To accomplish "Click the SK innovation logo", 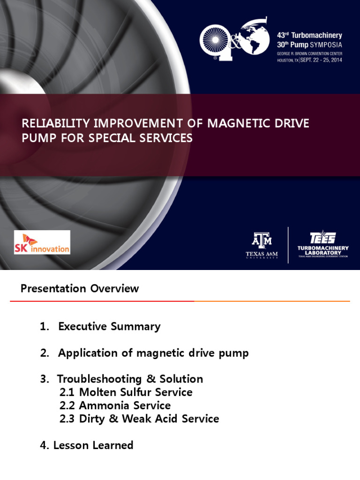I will click(42, 242).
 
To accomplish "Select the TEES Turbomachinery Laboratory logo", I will click(323, 244).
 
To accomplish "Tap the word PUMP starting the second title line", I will click(37, 138).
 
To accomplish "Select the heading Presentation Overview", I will click(80, 288).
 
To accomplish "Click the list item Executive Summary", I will click(109, 327).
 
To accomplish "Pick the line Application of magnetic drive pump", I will click(153, 353).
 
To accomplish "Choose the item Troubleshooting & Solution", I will click(130, 379).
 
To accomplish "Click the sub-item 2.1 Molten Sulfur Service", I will click(126, 392).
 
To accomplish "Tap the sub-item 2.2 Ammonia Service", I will click(115, 405).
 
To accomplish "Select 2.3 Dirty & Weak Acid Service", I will click(139, 419).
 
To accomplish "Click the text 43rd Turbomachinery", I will click(310, 35).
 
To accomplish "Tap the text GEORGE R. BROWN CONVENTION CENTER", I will click(308, 53).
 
